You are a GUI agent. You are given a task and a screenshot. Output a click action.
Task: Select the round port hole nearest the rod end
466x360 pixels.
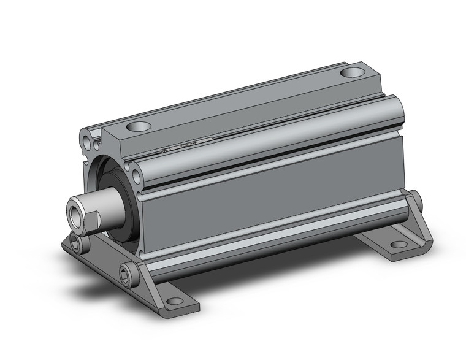139,128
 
